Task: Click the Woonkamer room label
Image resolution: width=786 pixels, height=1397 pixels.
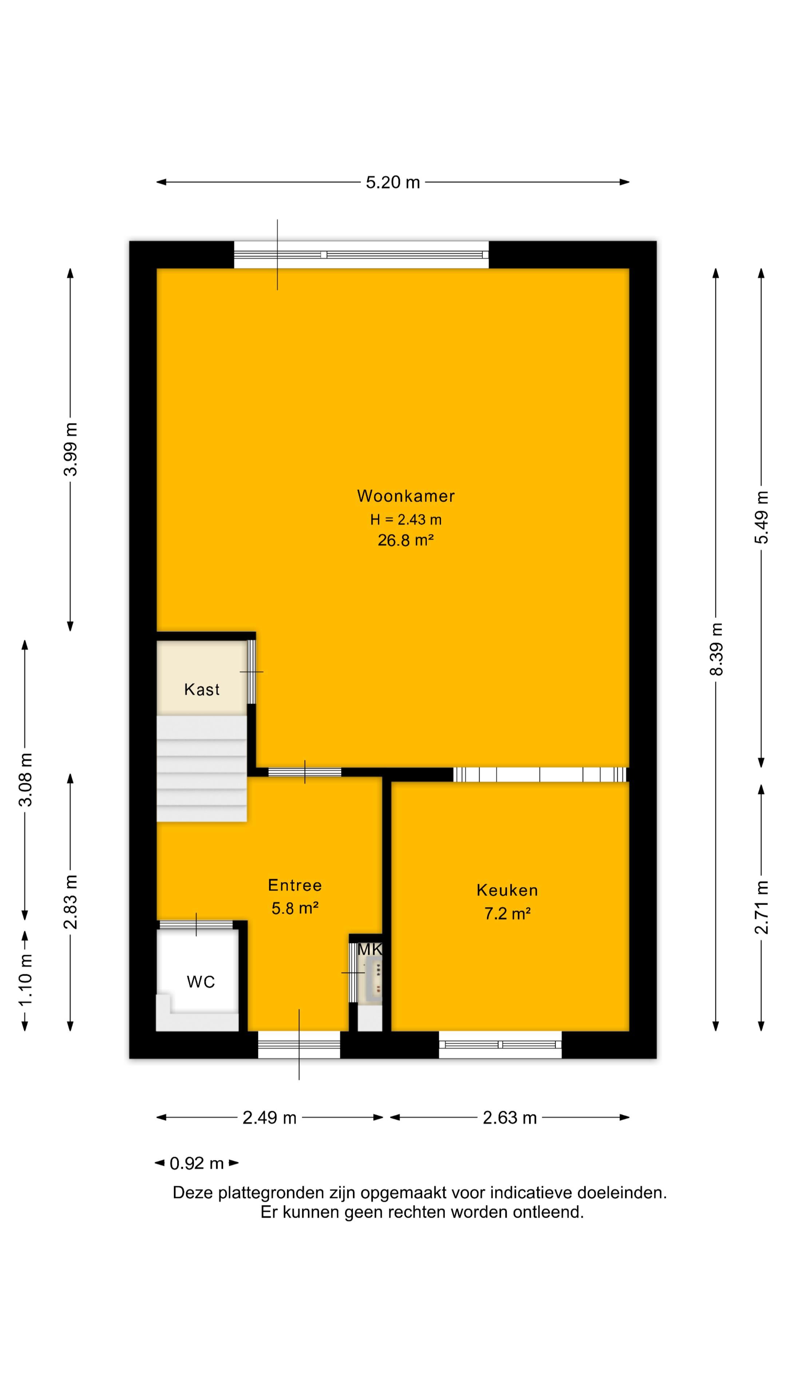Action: (x=405, y=495)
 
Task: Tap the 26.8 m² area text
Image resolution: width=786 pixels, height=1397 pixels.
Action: (x=405, y=540)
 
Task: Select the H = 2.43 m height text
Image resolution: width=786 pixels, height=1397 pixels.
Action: (x=405, y=520)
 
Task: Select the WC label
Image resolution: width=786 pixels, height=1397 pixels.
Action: (x=201, y=982)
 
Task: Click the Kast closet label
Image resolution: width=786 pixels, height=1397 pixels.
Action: (x=202, y=689)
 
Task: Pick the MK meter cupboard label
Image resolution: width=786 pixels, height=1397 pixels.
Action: (x=370, y=950)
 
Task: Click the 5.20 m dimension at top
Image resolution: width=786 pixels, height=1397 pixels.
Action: (x=393, y=182)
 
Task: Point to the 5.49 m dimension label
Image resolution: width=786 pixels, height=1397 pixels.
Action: (x=762, y=517)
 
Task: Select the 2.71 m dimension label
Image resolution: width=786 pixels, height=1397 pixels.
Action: (x=762, y=907)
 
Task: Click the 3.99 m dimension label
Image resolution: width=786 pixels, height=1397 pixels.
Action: (x=71, y=449)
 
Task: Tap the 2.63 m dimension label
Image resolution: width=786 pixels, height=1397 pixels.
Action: (x=509, y=1118)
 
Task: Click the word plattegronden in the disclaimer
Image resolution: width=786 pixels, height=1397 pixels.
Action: (x=271, y=1193)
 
